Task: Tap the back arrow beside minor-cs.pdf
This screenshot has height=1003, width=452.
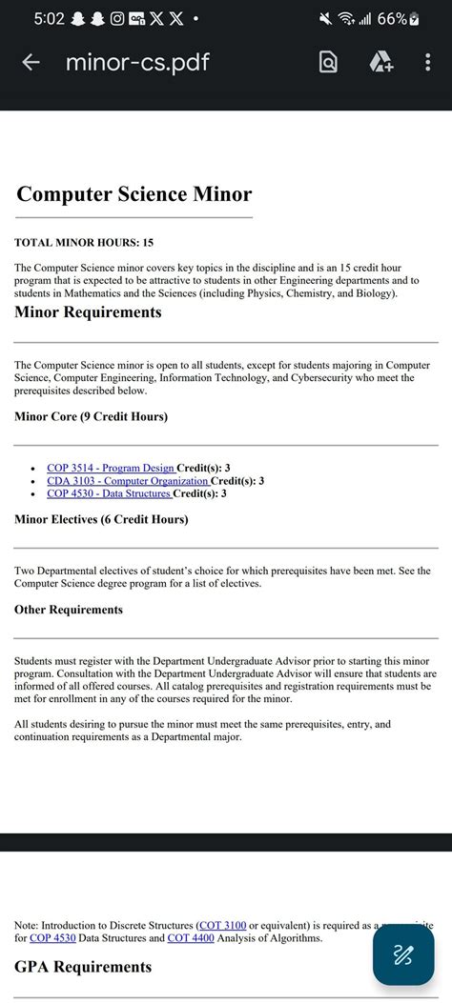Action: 31,63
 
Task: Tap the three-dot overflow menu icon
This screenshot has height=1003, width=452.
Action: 427,63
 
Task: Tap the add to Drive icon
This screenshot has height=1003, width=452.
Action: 380,63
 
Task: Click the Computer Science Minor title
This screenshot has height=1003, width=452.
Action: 134,194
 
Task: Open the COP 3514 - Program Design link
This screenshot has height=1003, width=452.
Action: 111,468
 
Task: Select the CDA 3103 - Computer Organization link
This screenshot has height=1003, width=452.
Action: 128,481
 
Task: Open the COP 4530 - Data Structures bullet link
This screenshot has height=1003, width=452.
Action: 109,493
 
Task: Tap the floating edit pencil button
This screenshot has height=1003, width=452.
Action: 402,954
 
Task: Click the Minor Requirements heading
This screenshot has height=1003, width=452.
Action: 88,312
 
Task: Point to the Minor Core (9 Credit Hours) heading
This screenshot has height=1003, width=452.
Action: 91,416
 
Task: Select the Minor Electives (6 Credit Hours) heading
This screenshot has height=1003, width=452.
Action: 101,519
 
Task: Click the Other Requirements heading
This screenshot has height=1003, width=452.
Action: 69,610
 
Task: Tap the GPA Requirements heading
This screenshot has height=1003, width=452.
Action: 83,967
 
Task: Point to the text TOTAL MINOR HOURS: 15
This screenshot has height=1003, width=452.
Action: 84,243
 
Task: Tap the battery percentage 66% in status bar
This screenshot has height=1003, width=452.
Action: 391,19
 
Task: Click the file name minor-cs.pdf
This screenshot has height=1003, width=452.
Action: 137,63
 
